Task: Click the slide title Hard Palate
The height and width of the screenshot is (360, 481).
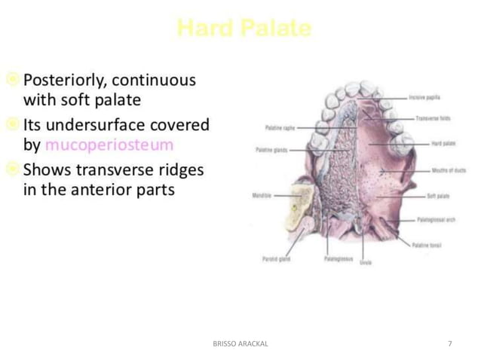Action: [x=244, y=29]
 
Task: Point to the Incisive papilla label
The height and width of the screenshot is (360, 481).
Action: [x=425, y=97]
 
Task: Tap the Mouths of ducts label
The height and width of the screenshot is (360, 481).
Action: [x=448, y=171]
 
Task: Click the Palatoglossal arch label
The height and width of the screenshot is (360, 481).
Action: [x=437, y=221]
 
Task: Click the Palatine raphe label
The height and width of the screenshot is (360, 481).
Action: [x=279, y=128]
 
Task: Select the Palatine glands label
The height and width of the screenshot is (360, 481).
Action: [x=278, y=150]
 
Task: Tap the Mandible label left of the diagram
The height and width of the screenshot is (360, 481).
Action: [x=262, y=194]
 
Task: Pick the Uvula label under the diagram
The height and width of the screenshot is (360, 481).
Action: [x=366, y=263]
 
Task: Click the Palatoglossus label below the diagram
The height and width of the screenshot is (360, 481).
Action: [x=337, y=258]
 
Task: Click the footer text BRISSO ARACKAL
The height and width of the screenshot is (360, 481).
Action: [x=240, y=343]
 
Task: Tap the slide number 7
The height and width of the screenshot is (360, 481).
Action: [x=449, y=343]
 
